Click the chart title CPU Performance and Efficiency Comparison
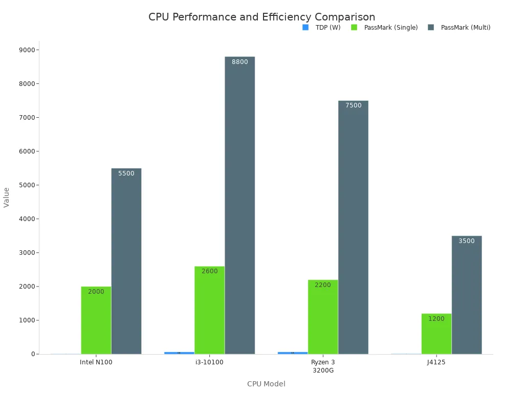[261, 17]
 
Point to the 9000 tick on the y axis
[28, 50]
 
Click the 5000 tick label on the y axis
[28, 185]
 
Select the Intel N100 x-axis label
[96, 362]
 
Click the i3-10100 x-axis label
[209, 362]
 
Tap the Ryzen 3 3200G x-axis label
[323, 366]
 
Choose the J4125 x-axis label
[436, 362]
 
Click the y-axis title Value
[7, 197]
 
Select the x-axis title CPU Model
[266, 384]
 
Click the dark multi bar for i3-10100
[239, 205]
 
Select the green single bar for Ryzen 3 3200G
[323, 317]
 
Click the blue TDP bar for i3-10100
[179, 353]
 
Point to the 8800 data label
[239, 62]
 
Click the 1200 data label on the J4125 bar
[436, 319]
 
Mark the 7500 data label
[353, 105]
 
